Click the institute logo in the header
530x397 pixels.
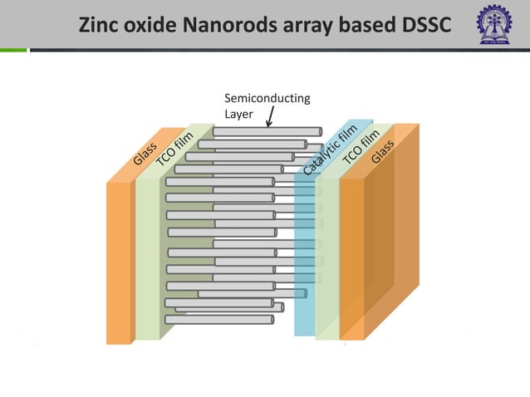[x=494, y=24]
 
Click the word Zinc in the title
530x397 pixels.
[x=101, y=25]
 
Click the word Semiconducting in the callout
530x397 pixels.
[x=267, y=98]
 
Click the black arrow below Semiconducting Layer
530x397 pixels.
[x=270, y=116]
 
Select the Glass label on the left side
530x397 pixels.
[x=145, y=154]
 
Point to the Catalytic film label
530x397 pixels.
[x=329, y=149]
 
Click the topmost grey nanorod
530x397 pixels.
[x=267, y=131]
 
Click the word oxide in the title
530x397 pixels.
[x=157, y=25]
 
